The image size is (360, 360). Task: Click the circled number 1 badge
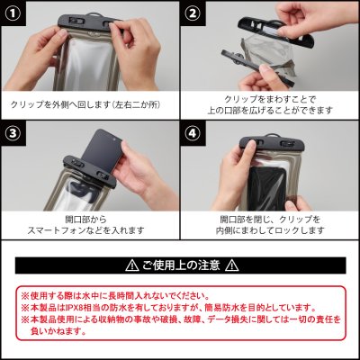point(14,13)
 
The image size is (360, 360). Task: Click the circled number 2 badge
point(193,13)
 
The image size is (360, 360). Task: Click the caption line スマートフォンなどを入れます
point(85,230)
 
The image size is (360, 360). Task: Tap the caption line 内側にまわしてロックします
point(267,230)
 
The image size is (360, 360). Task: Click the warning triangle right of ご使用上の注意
point(231,265)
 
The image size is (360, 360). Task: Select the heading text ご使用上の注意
point(180,265)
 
